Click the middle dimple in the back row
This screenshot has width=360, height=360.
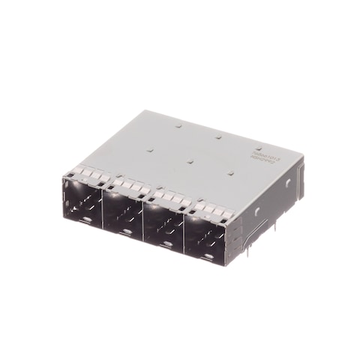click(218, 137)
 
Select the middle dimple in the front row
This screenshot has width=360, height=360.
click(191, 160)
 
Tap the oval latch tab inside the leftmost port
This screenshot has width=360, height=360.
click(87, 219)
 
